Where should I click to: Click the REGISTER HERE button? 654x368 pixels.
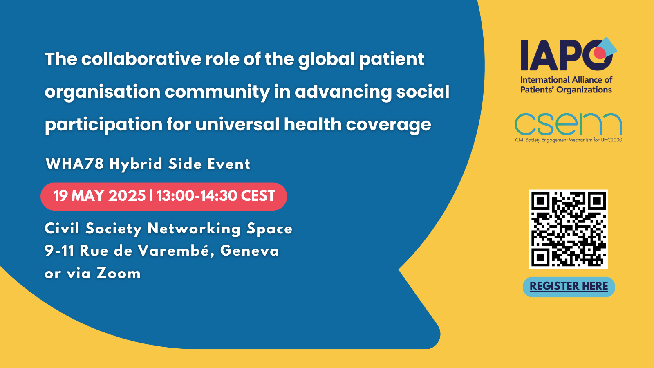pos(569,287)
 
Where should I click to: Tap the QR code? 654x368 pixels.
pos(569,229)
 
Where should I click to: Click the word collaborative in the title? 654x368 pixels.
pos(141,59)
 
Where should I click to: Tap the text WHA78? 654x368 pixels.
pos(75,164)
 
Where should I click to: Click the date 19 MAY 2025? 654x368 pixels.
pos(99,196)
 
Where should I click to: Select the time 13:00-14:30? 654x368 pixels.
pos(197,196)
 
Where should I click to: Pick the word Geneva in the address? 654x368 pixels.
pos(250,251)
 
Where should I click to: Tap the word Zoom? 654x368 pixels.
pos(119,274)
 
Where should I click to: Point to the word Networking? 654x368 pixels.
pos(194,229)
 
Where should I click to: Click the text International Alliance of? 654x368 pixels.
pos(567,80)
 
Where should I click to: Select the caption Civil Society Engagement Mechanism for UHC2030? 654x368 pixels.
pos(569,140)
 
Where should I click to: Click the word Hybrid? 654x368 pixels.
pos(136,164)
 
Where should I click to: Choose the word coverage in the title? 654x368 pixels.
pos(388,125)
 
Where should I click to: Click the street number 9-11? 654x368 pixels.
pos(59,251)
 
